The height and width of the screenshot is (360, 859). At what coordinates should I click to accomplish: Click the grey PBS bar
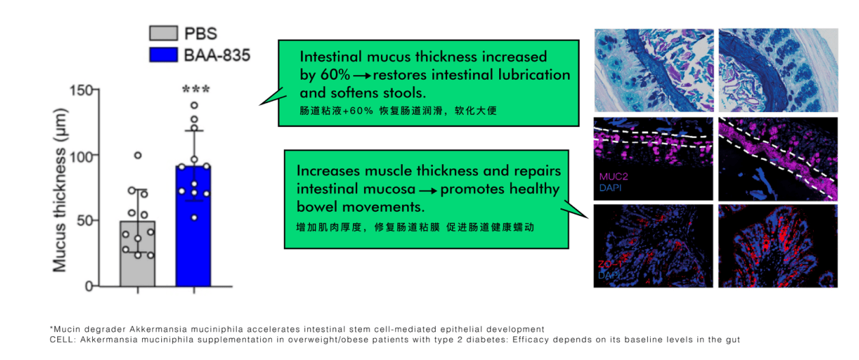tap(138, 253)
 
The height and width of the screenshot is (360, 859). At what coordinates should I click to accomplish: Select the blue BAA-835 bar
tap(194, 226)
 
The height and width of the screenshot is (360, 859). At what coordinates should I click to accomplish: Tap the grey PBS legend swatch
tap(163, 33)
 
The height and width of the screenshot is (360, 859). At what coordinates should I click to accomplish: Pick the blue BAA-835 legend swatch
tap(163, 55)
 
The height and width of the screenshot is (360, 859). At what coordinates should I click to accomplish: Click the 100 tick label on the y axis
tap(82, 156)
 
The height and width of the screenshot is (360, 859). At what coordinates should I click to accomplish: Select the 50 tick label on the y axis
tap(85, 221)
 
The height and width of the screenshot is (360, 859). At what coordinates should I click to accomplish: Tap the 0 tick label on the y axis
tap(89, 286)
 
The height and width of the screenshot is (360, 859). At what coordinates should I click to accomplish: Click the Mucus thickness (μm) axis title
tap(60, 190)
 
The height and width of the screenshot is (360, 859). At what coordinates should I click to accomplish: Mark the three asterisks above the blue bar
tap(196, 90)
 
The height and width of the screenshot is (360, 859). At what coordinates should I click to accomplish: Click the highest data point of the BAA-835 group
tap(195, 105)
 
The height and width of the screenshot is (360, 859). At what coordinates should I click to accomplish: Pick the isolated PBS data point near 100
tap(138, 156)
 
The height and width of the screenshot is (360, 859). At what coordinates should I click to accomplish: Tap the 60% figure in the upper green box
tap(335, 75)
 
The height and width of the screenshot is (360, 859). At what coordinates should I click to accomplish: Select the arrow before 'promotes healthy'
tap(428, 191)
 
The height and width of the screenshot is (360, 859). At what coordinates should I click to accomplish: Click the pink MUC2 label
tap(614, 176)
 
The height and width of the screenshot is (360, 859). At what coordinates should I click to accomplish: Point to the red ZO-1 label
tap(610, 264)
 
